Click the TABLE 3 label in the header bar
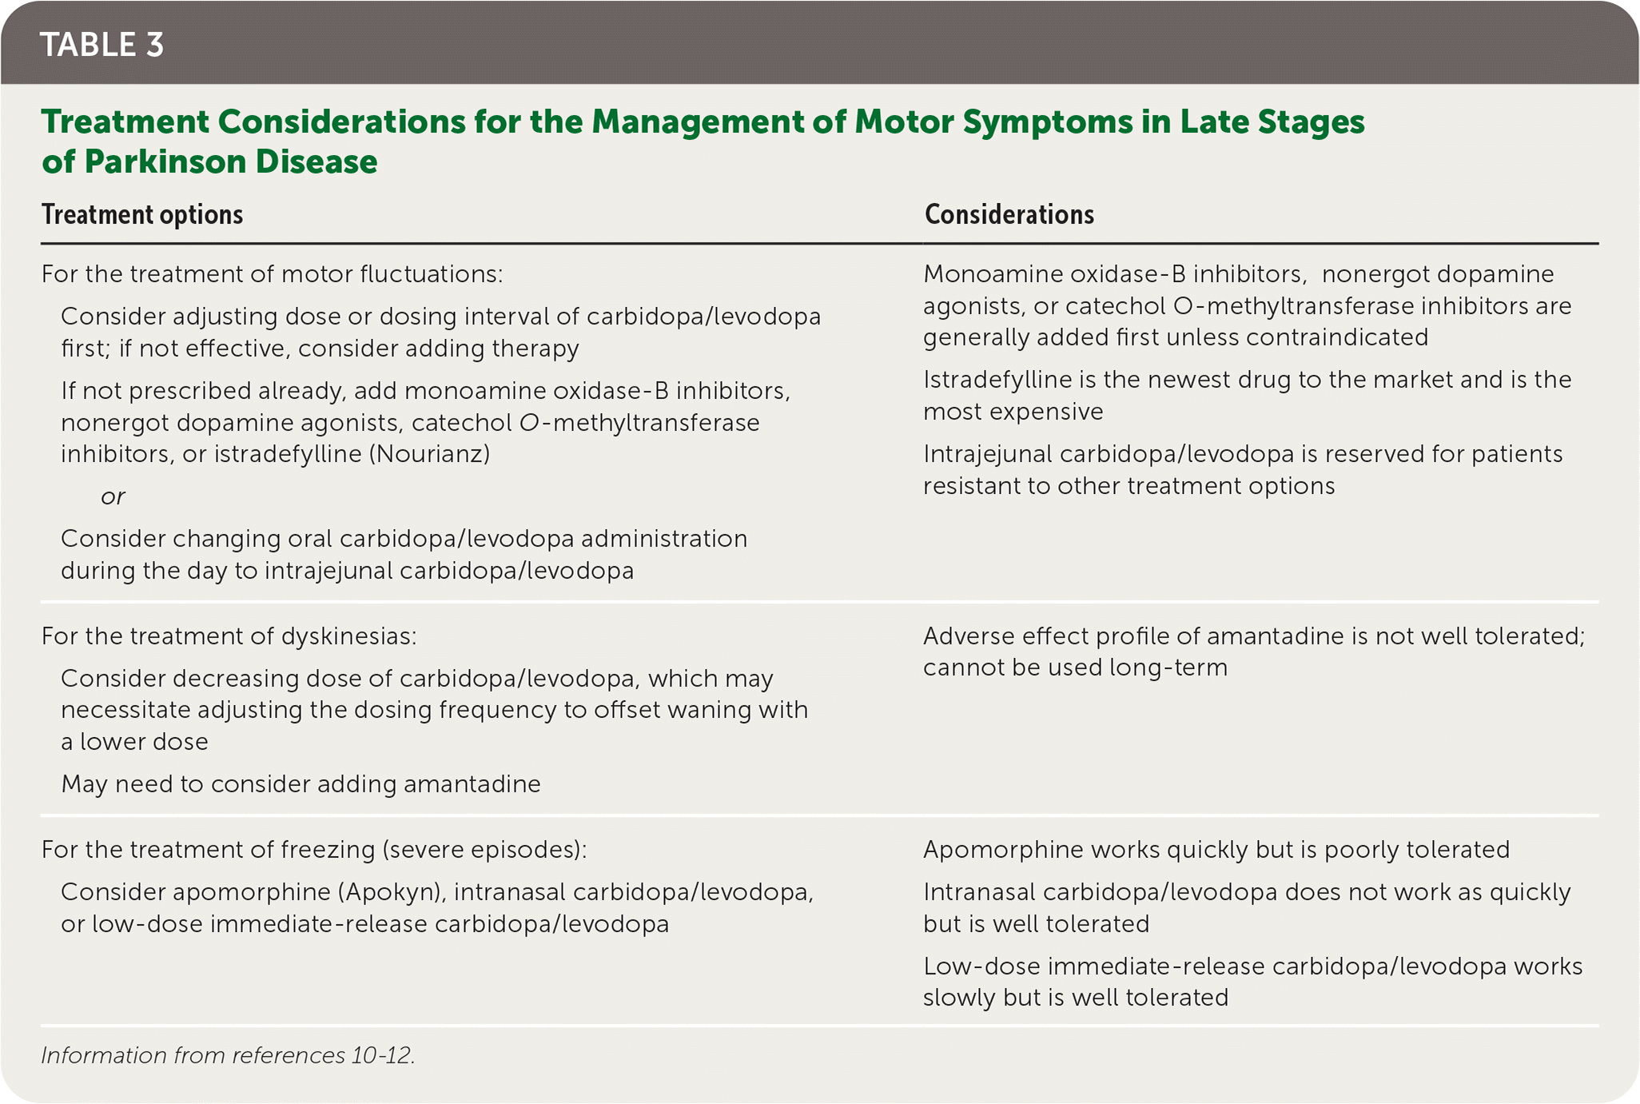(x=102, y=45)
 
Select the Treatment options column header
(x=142, y=215)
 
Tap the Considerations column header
(x=1009, y=215)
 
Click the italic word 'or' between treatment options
(x=113, y=497)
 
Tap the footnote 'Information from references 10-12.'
(x=228, y=1056)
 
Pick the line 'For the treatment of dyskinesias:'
(x=229, y=636)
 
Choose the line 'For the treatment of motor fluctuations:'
(x=272, y=275)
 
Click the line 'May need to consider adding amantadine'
(x=301, y=784)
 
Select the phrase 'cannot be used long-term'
(x=1075, y=668)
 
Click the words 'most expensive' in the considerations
(x=1013, y=412)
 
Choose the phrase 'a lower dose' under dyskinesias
(x=134, y=742)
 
